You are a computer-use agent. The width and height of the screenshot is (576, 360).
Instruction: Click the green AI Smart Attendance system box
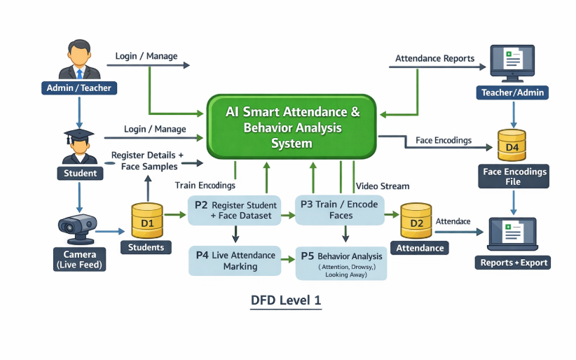tap(292, 127)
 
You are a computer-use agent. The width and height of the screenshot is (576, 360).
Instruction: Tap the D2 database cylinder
tap(416, 222)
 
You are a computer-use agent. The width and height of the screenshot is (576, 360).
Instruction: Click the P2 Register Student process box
tap(235, 210)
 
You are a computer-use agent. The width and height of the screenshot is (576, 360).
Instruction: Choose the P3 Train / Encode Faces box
tap(339, 210)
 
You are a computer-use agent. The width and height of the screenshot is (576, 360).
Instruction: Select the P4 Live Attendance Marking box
tap(235, 261)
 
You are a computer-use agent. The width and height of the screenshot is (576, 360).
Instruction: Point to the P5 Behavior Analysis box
tap(341, 263)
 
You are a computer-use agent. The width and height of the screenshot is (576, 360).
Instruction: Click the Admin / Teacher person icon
tap(78, 62)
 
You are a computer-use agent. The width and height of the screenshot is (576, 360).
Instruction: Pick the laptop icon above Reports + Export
tap(513, 235)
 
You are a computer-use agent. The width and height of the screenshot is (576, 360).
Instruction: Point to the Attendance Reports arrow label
tap(434, 58)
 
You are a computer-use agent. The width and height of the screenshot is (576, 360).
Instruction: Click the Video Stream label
tap(383, 186)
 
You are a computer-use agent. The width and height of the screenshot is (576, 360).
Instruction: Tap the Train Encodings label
tap(205, 186)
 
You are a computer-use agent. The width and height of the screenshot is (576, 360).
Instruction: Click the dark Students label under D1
tap(146, 247)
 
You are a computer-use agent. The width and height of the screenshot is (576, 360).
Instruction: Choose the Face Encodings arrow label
tap(444, 140)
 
